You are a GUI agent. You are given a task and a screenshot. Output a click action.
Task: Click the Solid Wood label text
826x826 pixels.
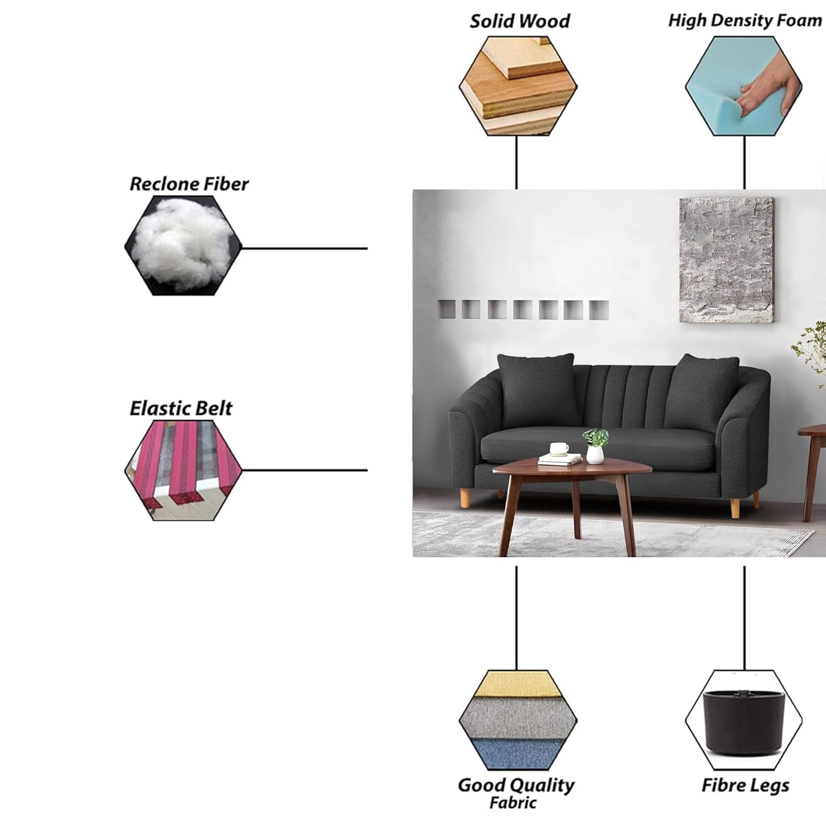click(519, 21)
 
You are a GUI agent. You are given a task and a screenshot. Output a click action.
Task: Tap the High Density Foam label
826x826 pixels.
click(745, 20)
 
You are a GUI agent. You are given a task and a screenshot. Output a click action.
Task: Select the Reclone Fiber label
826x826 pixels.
click(189, 184)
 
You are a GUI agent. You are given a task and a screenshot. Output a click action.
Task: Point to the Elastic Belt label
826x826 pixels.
click(181, 408)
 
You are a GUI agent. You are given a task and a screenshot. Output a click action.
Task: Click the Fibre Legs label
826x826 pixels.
click(745, 785)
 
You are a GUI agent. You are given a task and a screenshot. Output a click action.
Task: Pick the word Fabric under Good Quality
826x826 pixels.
click(513, 802)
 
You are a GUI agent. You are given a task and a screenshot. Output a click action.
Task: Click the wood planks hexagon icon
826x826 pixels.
click(518, 86)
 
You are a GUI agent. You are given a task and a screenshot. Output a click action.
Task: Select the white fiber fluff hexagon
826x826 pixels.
click(183, 245)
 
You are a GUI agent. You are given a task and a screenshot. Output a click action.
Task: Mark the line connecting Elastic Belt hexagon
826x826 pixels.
click(305, 470)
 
